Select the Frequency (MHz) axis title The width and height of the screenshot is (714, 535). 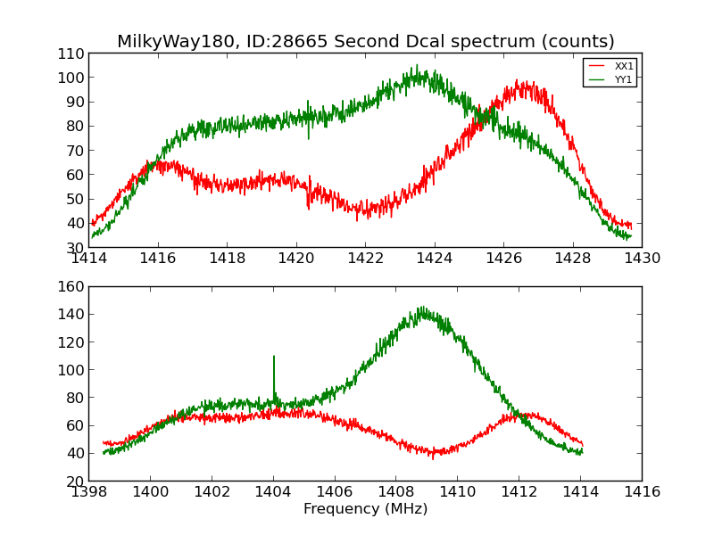pyautogui.click(x=365, y=509)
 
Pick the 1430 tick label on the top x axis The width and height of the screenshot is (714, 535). pyautogui.click(x=642, y=259)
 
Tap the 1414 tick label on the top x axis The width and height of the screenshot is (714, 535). pyautogui.click(x=89, y=259)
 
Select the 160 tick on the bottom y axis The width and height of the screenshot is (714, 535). pyautogui.click(x=71, y=287)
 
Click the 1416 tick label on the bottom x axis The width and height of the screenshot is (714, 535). pyautogui.click(x=642, y=492)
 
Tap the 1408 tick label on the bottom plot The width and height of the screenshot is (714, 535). pyautogui.click(x=396, y=492)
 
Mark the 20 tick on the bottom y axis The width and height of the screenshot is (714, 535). pyautogui.click(x=75, y=481)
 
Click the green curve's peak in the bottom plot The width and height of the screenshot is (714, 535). pyautogui.click(x=422, y=309)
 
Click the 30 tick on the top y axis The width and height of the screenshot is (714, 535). pyautogui.click(x=75, y=248)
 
